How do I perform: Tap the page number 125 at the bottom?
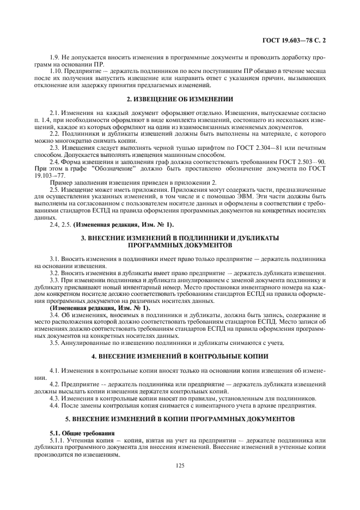tap(180, 465)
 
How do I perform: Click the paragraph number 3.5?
tap(55, 342)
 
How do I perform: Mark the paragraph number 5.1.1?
tap(58, 439)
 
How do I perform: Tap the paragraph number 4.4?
tap(55, 406)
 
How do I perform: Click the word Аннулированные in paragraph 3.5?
tap(87, 342)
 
